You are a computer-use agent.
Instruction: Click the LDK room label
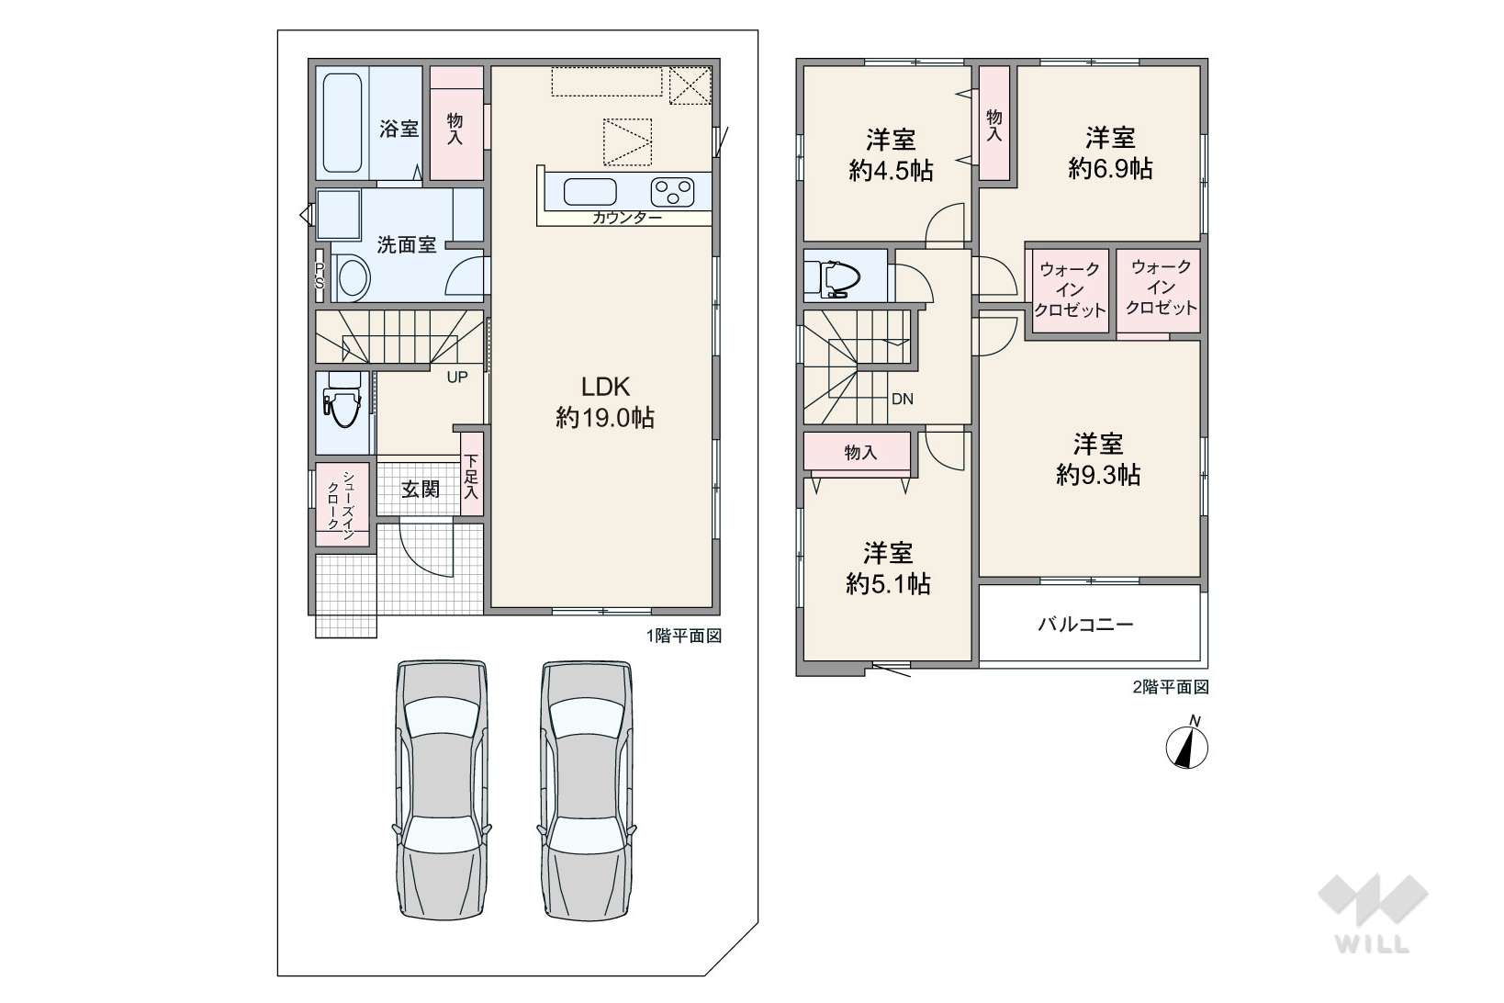pos(605,387)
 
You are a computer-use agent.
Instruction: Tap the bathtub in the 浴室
pos(342,123)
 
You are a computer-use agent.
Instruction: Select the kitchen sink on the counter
pos(589,192)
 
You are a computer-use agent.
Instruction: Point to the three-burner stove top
pos(672,192)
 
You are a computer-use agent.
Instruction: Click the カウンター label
pos(627,218)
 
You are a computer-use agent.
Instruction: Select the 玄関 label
pos(421,489)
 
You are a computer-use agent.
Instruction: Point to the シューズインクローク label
pos(341,505)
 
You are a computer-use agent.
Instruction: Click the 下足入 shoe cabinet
pos(471,474)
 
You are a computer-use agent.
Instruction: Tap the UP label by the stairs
pos(457,377)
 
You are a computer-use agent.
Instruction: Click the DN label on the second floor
pos(903,399)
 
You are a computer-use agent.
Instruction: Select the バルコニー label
pos(1085,625)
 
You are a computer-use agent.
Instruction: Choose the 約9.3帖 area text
pos(1098,475)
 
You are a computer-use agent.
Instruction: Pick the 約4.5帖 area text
pos(891,171)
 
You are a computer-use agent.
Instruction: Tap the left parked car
pos(442,790)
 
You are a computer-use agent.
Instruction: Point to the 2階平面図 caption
pos(1171,687)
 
